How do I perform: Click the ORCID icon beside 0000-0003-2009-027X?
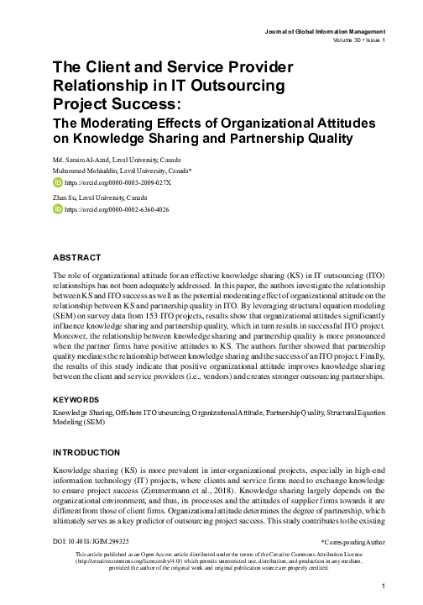pyautogui.click(x=58, y=181)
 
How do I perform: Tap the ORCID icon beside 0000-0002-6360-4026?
pyautogui.click(x=58, y=208)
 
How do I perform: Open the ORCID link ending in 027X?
pyautogui.click(x=117, y=181)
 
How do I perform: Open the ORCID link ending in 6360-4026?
pyautogui.click(x=117, y=208)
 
